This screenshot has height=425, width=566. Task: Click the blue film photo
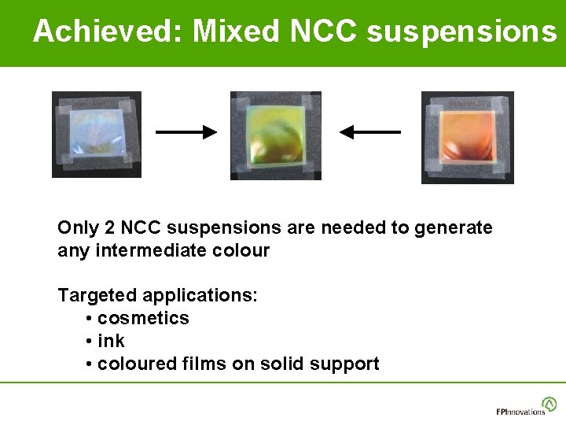(x=97, y=135)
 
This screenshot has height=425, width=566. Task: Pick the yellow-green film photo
(x=275, y=135)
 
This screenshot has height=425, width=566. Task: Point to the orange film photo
(x=467, y=137)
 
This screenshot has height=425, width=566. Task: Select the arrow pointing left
(x=369, y=132)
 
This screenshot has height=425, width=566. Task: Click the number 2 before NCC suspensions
(x=110, y=228)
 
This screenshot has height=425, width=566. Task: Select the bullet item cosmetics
(x=143, y=319)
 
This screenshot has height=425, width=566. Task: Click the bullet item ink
(x=111, y=342)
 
